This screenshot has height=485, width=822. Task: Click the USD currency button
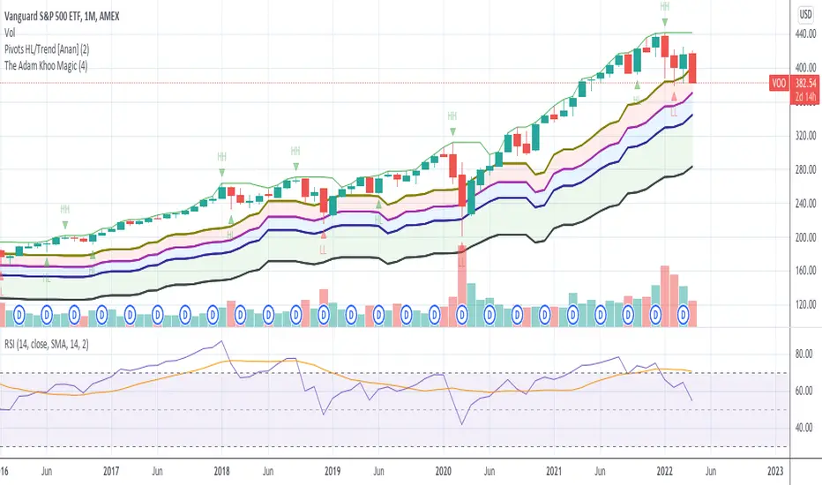(x=803, y=13)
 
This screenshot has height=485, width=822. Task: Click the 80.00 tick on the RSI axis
(x=802, y=354)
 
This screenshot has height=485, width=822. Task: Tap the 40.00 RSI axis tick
(x=802, y=428)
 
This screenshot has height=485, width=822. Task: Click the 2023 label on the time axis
(x=776, y=471)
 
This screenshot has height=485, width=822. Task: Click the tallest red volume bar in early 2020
(x=462, y=287)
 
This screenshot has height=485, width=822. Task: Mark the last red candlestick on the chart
(x=691, y=68)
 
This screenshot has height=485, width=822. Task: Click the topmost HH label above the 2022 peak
(x=664, y=6)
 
